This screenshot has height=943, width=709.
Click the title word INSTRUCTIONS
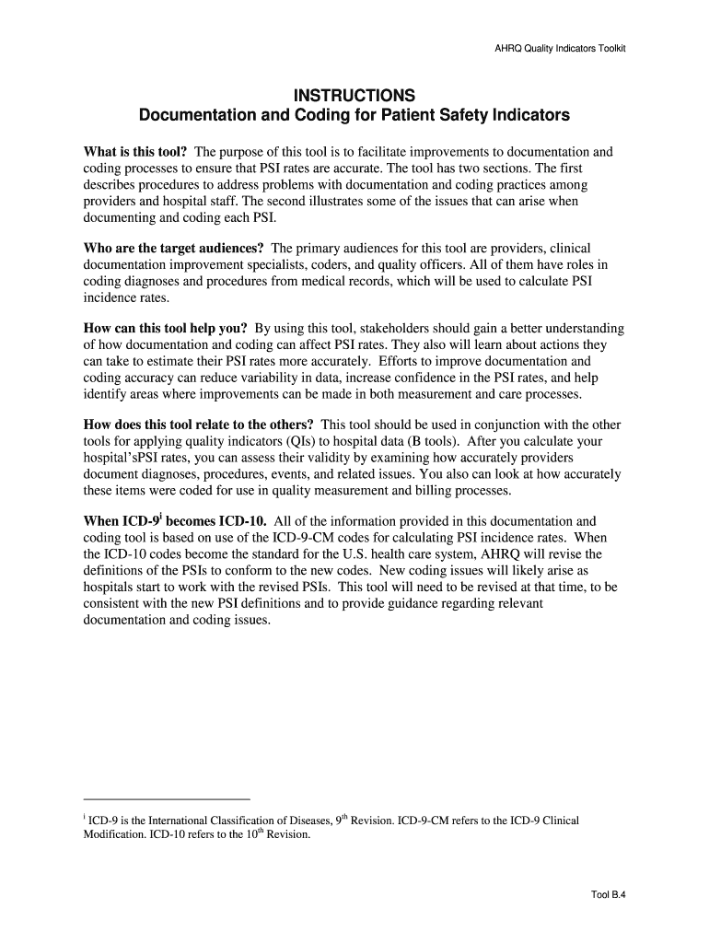click(x=354, y=96)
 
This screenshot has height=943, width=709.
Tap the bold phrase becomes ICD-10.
click(x=190, y=521)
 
